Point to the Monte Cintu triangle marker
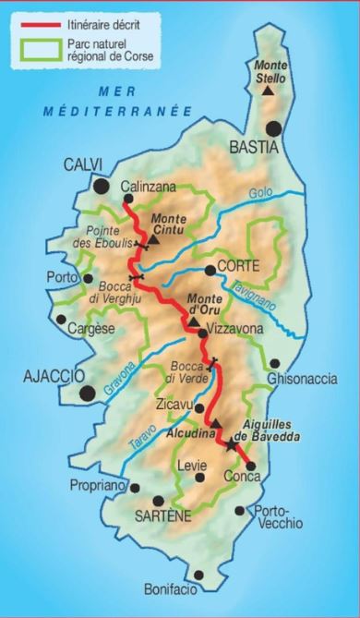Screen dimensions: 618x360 pyautogui.click(x=153, y=239)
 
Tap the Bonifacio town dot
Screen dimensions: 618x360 pyautogui.click(x=174, y=563)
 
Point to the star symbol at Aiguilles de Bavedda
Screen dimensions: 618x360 pyautogui.click(x=230, y=445)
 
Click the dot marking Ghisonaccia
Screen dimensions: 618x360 pyautogui.click(x=274, y=363)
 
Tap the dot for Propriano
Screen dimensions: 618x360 pyautogui.click(x=135, y=487)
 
